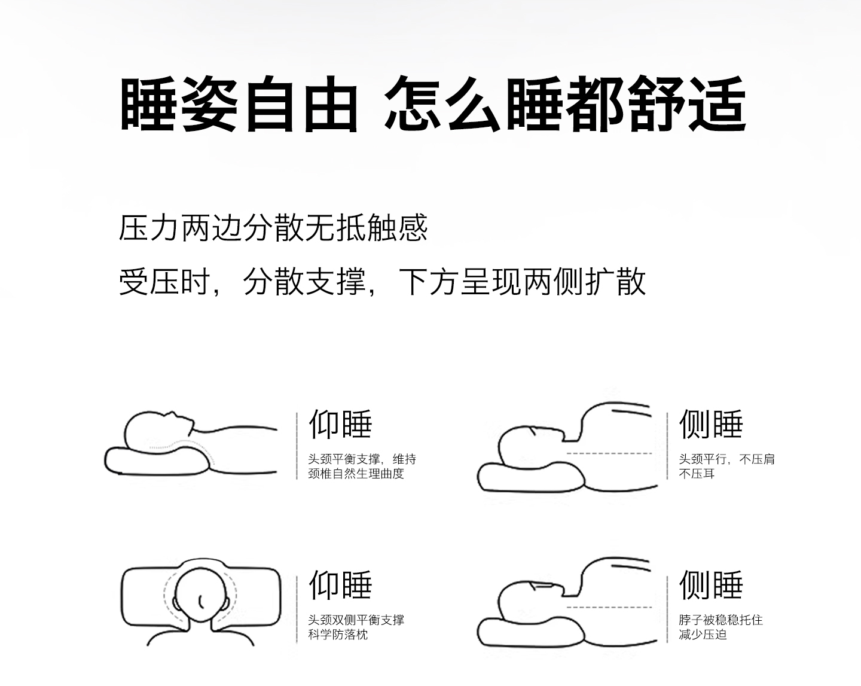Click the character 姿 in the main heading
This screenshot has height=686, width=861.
point(209,103)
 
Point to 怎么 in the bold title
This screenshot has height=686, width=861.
point(442,103)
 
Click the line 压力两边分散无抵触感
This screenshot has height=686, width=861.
point(273,228)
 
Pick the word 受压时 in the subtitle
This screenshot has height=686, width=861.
point(165,282)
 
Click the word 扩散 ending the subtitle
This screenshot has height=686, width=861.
point(615,282)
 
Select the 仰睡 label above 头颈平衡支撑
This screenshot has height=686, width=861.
point(340,424)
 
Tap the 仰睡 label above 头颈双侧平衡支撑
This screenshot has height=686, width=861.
point(340,585)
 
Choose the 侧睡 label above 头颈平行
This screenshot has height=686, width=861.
point(711,424)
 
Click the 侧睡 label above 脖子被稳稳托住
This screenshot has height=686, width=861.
point(711,585)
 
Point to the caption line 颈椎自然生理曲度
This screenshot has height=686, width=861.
point(356,474)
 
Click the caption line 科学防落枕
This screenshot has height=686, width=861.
point(338,635)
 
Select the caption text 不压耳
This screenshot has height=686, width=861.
point(697,474)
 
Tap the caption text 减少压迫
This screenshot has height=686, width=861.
point(703,635)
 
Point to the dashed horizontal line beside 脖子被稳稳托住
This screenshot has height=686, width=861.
point(609,607)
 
